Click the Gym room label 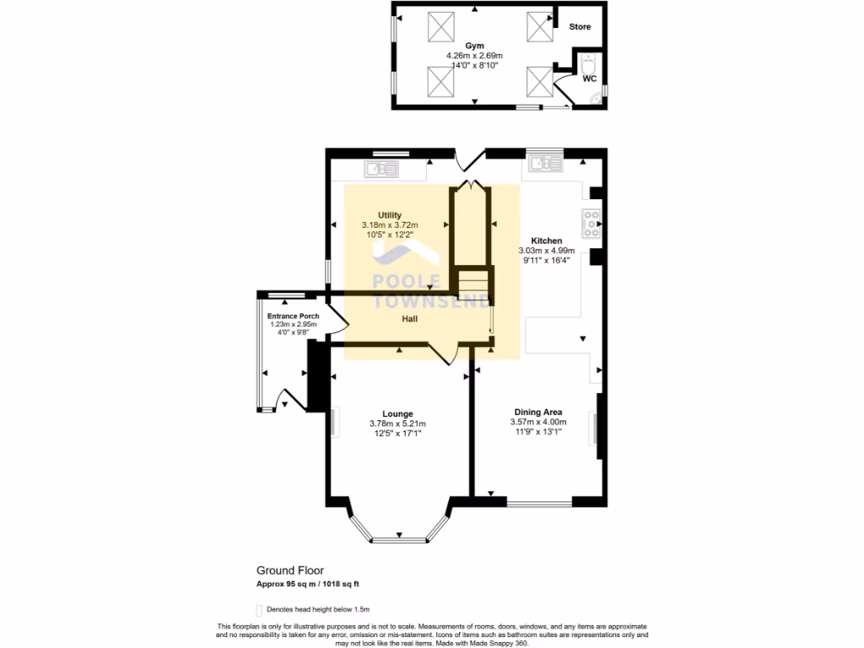point(472,46)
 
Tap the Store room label point(580,27)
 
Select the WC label point(590,78)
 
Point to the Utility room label point(389,215)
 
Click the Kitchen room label point(546,240)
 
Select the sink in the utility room point(381,169)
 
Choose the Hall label point(409,319)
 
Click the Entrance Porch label point(293,316)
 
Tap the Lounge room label point(397,413)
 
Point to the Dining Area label point(537,412)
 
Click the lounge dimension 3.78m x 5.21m point(397,424)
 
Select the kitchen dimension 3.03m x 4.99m point(546,251)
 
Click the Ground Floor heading point(289,570)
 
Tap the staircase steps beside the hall point(472,279)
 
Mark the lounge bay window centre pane point(398,538)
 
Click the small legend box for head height point(259,609)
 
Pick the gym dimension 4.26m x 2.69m point(472,56)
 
